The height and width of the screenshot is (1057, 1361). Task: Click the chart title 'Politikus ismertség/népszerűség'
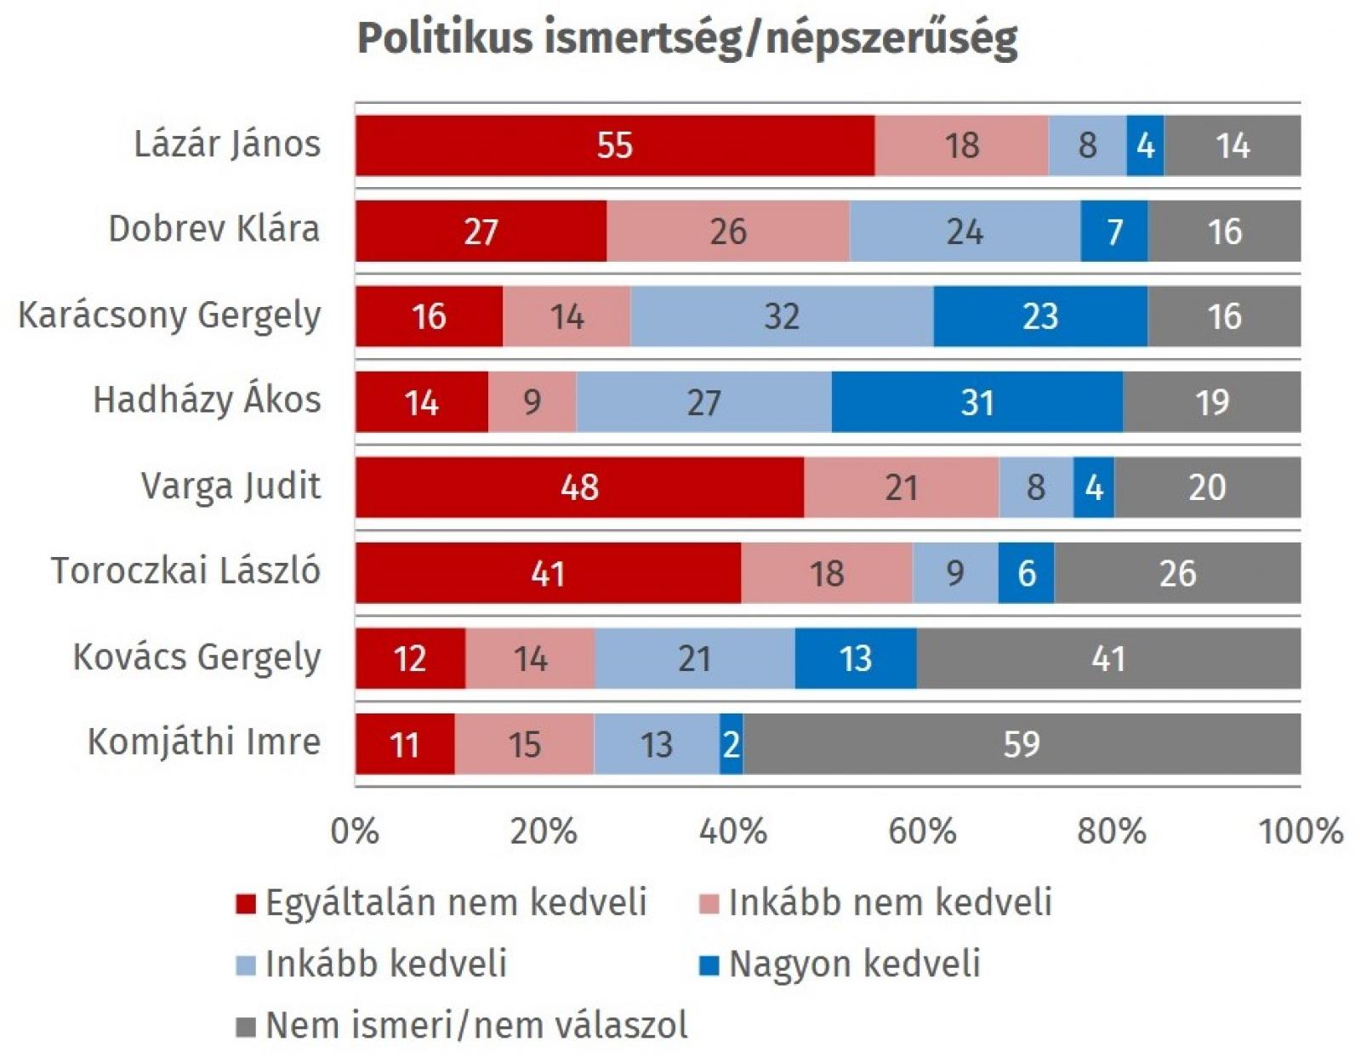point(686,38)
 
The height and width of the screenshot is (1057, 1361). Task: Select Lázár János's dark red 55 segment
point(614,145)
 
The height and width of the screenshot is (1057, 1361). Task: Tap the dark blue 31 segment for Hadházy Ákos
point(977,402)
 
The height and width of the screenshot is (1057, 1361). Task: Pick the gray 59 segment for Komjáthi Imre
point(1021,744)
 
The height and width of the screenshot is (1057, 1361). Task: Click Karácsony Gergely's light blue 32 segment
point(782,316)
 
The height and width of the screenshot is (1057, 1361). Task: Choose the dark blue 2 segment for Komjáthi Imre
point(731,744)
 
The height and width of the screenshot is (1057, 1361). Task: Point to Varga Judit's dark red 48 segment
point(579,487)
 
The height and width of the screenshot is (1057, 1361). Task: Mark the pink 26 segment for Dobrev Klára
point(728,231)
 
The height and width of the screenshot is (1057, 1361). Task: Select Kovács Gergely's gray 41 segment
point(1108,658)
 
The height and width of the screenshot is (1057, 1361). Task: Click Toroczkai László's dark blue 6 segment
point(1026,573)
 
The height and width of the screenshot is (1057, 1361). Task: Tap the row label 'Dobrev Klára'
point(214,229)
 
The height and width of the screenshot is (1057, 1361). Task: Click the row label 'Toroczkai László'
point(185,571)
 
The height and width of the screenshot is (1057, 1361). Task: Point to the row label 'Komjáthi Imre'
point(204,742)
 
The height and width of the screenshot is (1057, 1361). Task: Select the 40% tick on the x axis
point(733,830)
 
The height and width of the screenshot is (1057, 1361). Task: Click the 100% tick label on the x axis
point(1300,830)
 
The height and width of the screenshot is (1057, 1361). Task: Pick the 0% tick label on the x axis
point(355,830)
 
